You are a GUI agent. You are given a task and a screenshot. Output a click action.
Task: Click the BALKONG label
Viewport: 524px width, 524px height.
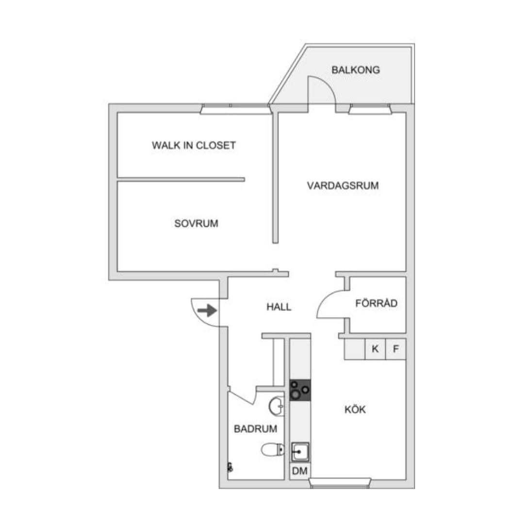point(356,70)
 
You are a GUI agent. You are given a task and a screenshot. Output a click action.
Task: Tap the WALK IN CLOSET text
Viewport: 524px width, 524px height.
point(194,145)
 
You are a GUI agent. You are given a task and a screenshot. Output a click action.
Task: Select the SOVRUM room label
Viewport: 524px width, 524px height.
point(196,223)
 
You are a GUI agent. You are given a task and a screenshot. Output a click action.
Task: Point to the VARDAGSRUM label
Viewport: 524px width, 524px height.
point(343,186)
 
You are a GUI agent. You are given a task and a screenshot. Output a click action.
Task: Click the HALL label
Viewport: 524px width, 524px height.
point(278,306)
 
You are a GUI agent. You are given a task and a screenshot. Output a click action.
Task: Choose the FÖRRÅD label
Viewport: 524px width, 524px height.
point(377,303)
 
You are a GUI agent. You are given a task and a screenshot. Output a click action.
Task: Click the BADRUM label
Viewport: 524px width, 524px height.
point(255,429)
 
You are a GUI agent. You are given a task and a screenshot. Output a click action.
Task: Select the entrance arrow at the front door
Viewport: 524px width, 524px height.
point(207,311)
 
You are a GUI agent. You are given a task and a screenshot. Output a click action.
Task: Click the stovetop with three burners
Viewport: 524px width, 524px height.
point(300,390)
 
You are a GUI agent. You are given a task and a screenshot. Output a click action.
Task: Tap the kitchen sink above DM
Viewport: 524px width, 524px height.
point(300,452)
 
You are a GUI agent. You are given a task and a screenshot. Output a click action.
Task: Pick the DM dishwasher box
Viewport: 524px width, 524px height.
point(300,471)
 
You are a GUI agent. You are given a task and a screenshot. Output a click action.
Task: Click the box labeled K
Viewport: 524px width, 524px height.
point(375,349)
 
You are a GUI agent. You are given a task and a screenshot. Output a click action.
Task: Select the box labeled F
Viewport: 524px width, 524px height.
point(396,349)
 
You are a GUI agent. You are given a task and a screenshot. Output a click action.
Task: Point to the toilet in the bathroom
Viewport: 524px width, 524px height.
point(273,449)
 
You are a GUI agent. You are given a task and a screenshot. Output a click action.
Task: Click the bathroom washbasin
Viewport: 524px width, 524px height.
point(277,406)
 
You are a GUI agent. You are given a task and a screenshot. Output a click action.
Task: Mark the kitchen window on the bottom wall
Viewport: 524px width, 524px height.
point(340,482)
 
